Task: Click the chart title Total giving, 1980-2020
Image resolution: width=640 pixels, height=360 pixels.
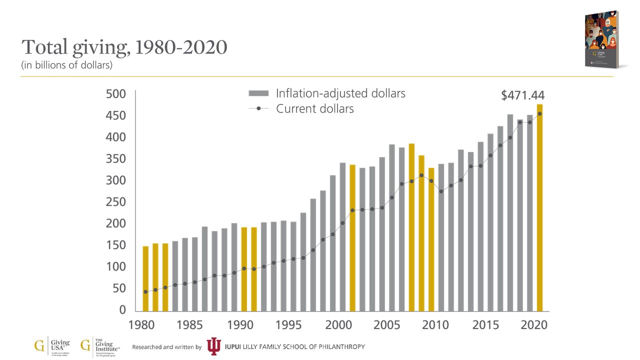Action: [124, 47]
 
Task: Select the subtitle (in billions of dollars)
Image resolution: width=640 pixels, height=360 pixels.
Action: [66, 65]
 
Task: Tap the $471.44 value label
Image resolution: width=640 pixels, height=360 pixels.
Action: [522, 95]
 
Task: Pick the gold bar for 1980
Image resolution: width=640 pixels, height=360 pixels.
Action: [145, 278]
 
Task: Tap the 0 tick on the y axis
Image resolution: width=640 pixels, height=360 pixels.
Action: [123, 310]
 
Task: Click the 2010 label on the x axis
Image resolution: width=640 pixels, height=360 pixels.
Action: [435, 325]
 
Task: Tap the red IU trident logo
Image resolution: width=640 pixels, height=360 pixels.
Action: [213, 346]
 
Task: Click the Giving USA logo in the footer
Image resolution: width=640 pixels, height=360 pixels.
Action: [52, 346]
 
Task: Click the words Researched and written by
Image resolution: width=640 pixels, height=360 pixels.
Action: [166, 347]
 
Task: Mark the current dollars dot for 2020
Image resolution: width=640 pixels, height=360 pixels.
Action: [539, 114]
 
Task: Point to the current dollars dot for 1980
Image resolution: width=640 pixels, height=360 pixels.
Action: [145, 291]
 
